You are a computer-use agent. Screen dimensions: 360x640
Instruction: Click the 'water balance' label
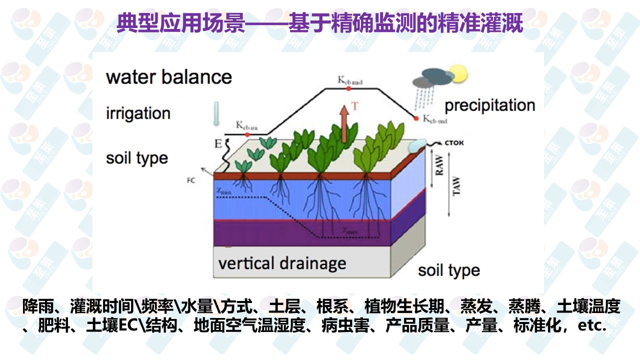click(x=169, y=77)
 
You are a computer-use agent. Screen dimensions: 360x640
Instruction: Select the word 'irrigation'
click(x=138, y=113)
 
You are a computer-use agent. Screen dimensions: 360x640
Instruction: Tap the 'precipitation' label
click(x=489, y=105)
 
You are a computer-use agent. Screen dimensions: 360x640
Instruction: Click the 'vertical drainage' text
click(x=282, y=263)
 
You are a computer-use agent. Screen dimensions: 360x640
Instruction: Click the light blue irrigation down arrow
click(x=216, y=113)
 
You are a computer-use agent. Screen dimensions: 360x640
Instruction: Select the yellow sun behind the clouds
click(x=457, y=74)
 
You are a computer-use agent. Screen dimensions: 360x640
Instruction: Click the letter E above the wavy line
click(x=217, y=144)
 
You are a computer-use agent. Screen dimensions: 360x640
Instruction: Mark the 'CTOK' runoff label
click(x=454, y=142)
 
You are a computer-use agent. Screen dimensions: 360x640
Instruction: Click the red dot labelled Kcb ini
click(x=247, y=134)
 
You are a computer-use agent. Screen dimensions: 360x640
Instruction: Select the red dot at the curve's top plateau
click(x=348, y=88)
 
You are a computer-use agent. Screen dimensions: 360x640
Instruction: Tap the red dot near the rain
click(x=416, y=118)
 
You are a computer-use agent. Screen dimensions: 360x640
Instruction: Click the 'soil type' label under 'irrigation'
click(x=137, y=158)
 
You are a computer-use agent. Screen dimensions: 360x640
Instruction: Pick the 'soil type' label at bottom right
click(x=448, y=270)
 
